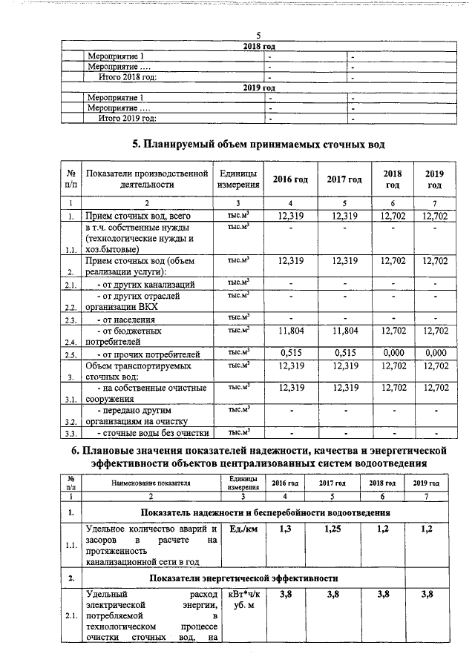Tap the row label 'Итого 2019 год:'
point(128,117)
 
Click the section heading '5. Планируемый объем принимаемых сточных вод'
point(258,143)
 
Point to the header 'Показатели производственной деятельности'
point(146,179)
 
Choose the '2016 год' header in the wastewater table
point(291,179)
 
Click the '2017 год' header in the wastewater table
point(344,179)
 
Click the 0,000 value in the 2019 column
point(435,353)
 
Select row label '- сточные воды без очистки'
point(146,433)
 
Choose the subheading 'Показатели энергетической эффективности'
point(244,577)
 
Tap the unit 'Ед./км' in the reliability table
point(242,529)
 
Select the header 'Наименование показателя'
point(151,483)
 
